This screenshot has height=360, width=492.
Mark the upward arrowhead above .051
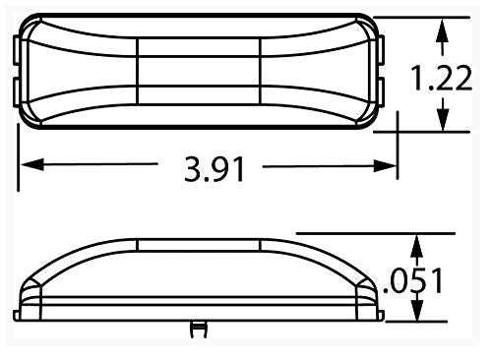pos(418,244)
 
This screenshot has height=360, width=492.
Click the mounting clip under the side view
pos(200,328)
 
